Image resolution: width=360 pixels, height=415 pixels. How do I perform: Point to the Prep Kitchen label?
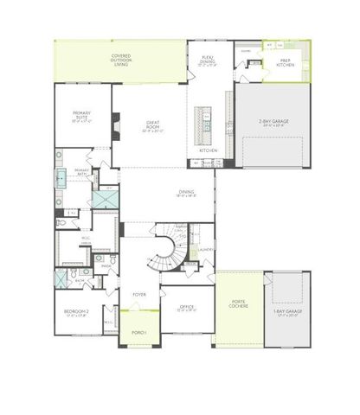coord(286,62)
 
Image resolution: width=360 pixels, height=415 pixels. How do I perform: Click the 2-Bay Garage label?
coord(273,124)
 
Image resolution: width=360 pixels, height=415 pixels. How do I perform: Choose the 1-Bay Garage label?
coord(287,314)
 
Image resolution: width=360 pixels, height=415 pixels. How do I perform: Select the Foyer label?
coord(138,295)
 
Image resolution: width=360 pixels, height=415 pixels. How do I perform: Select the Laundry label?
coord(207,251)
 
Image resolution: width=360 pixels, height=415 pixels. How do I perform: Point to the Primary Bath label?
coord(82,172)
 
